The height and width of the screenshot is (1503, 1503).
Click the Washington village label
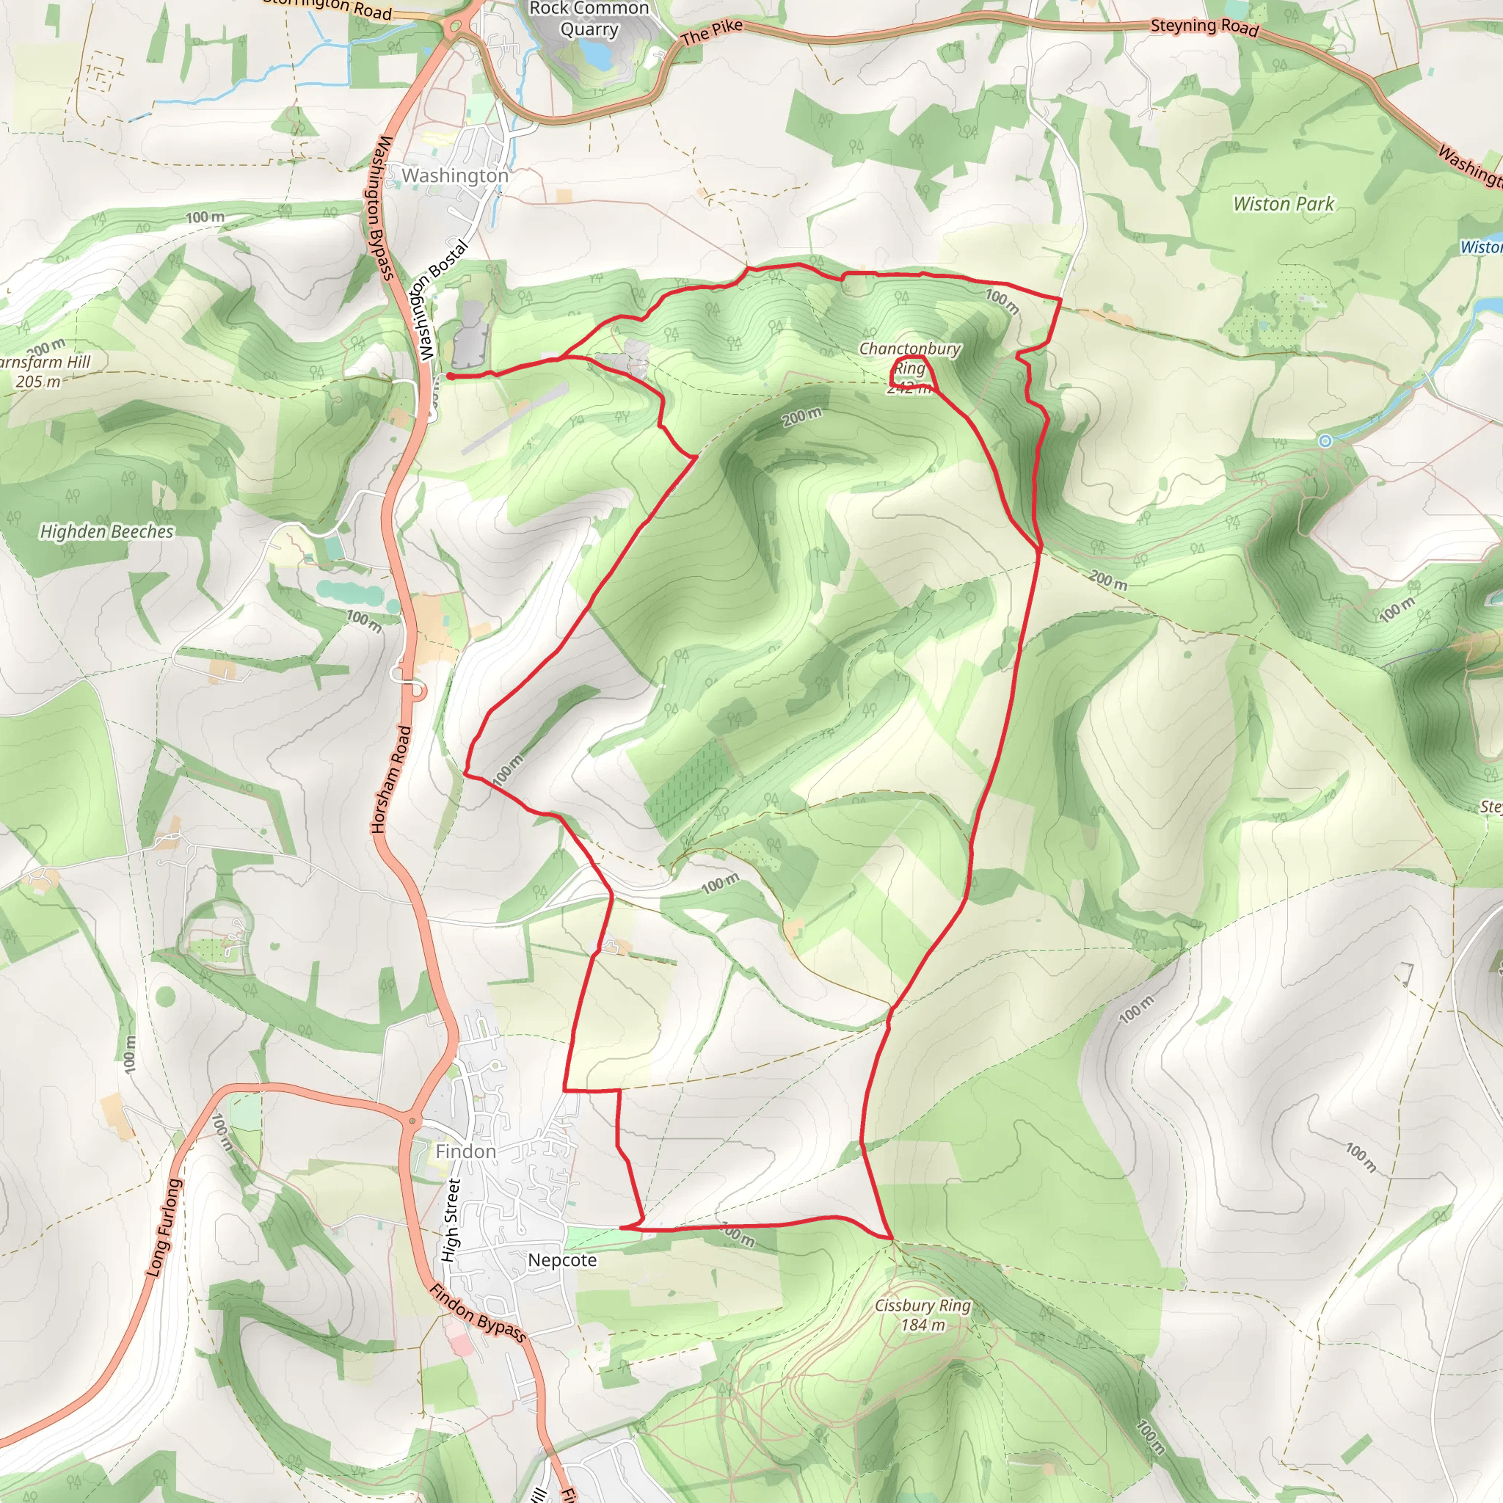tap(455, 177)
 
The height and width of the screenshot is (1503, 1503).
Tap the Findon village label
tap(465, 1151)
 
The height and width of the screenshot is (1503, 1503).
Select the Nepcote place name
tap(562, 1260)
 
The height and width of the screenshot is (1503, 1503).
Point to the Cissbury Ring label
tap(922, 1314)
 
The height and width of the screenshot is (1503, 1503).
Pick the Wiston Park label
tap(1284, 205)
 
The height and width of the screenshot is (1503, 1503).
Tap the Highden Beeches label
tap(106, 532)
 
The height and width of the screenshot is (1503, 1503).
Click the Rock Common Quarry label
tap(589, 20)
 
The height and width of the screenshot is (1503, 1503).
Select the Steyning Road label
tap(1204, 26)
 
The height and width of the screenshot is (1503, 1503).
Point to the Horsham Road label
tap(391, 779)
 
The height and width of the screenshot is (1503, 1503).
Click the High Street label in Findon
tap(451, 1220)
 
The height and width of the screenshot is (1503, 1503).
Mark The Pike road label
tap(711, 33)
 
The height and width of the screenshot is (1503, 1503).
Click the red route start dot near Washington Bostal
tap(451, 376)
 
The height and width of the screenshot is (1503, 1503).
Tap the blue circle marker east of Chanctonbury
tap(1325, 441)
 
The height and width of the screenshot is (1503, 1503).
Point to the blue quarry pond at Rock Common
tap(597, 54)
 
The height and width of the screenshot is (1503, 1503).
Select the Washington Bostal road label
tap(442, 300)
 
